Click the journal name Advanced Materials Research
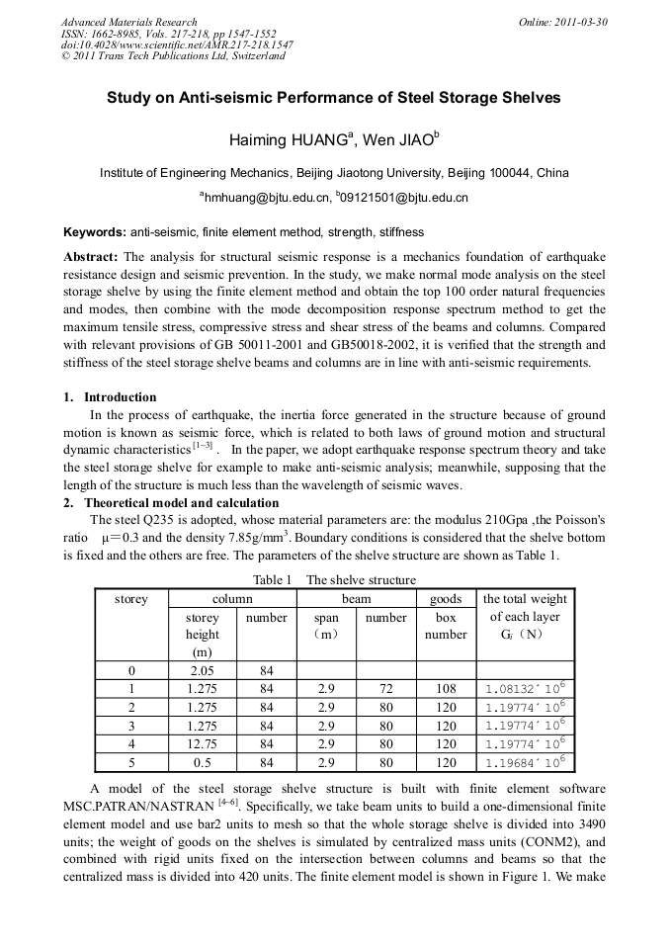point(129,22)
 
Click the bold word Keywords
point(94,232)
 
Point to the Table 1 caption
point(334,580)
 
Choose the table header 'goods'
point(446,599)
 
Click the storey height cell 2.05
point(203,671)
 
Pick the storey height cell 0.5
point(203,762)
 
